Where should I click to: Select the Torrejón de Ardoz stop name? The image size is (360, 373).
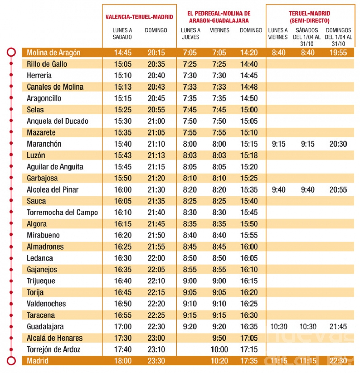pyautogui.click(x=54, y=349)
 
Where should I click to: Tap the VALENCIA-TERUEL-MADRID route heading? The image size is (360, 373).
pyautogui.click(x=139, y=17)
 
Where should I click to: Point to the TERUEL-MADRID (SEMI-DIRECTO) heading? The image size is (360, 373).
pyautogui.click(x=309, y=17)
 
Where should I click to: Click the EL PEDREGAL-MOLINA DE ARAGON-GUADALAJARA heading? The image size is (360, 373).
pyautogui.click(x=219, y=17)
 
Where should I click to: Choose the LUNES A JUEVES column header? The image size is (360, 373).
pyautogui.click(x=191, y=34)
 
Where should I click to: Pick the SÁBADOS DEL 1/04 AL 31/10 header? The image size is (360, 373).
pyautogui.click(x=307, y=37)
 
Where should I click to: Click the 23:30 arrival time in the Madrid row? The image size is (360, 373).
pyautogui.click(x=156, y=361)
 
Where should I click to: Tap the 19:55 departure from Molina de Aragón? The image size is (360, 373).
pyautogui.click(x=338, y=53)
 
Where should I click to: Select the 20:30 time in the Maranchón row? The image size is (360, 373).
pyautogui.click(x=338, y=144)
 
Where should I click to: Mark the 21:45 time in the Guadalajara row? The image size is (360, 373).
pyautogui.click(x=338, y=327)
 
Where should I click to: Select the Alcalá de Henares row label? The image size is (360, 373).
pyautogui.click(x=55, y=338)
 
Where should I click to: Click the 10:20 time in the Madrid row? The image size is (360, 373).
pyautogui.click(x=219, y=361)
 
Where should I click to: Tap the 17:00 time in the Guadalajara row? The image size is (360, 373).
pyautogui.click(x=123, y=327)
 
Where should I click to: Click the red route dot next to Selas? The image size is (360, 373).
pyautogui.click(x=11, y=109)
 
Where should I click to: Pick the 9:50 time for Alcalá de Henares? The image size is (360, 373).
pyautogui.click(x=219, y=338)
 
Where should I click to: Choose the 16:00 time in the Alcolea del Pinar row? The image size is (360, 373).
pyautogui.click(x=123, y=189)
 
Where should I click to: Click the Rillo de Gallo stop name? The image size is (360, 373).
pyautogui.click(x=47, y=64)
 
